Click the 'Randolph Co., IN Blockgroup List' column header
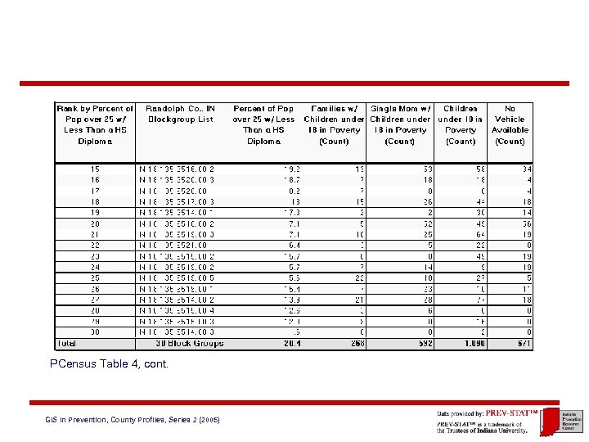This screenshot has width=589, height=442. (x=180, y=114)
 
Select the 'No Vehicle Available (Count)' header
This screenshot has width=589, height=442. (x=510, y=124)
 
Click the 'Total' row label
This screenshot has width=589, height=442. (x=67, y=343)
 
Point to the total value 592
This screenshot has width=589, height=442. (x=423, y=343)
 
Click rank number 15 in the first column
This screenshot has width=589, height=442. (x=96, y=169)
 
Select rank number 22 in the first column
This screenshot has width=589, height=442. (x=96, y=244)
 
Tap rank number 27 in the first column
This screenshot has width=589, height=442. (x=96, y=300)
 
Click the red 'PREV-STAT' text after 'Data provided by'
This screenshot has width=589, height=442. (x=510, y=413)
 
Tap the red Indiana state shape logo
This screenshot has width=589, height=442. (x=550, y=419)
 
